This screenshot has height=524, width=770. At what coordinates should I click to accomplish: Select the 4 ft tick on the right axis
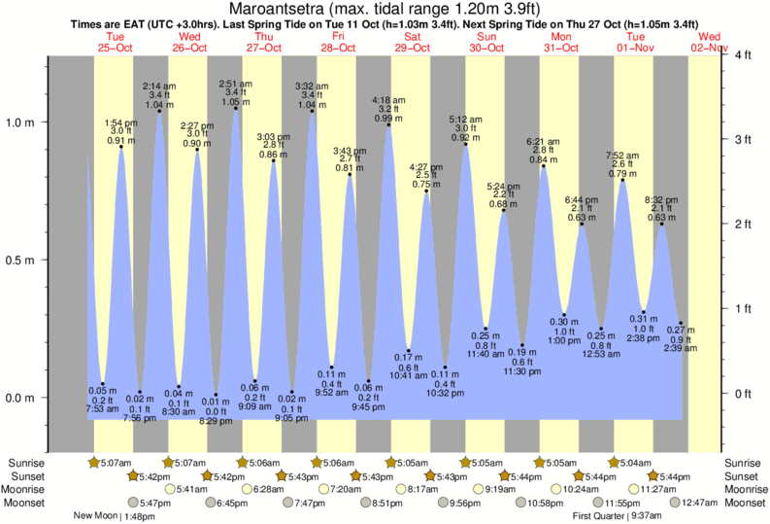click(744, 55)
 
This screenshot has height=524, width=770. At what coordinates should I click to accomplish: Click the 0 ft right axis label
click(744, 394)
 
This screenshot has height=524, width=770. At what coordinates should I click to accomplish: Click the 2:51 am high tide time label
click(235, 84)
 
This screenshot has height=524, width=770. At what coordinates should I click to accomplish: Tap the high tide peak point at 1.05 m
click(235, 108)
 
